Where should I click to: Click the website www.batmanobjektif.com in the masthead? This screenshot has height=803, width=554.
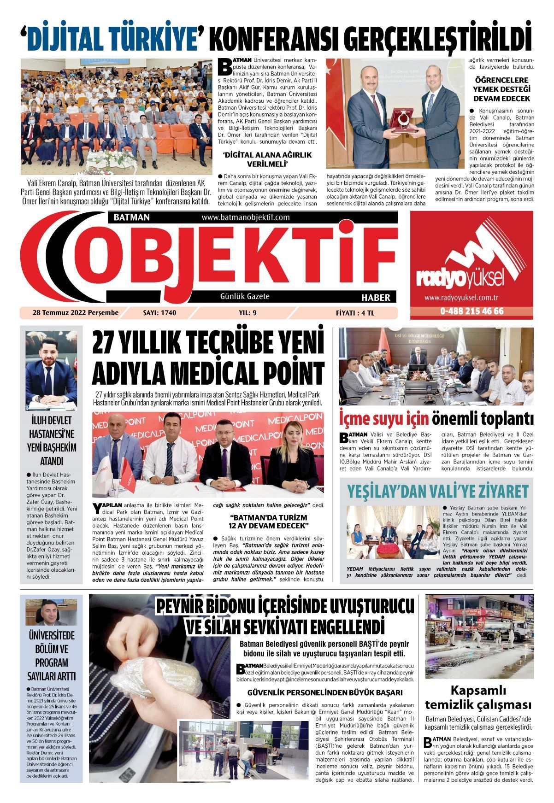click(245, 217)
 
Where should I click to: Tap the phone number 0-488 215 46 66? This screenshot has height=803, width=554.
click(471, 311)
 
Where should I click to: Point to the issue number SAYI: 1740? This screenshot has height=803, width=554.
click(159, 313)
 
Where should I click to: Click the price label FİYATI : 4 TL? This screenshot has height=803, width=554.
click(355, 313)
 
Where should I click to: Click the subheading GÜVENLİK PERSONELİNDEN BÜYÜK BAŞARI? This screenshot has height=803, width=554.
click(325, 692)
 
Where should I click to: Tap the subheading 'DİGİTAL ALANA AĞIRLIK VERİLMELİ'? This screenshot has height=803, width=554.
click(267, 159)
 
